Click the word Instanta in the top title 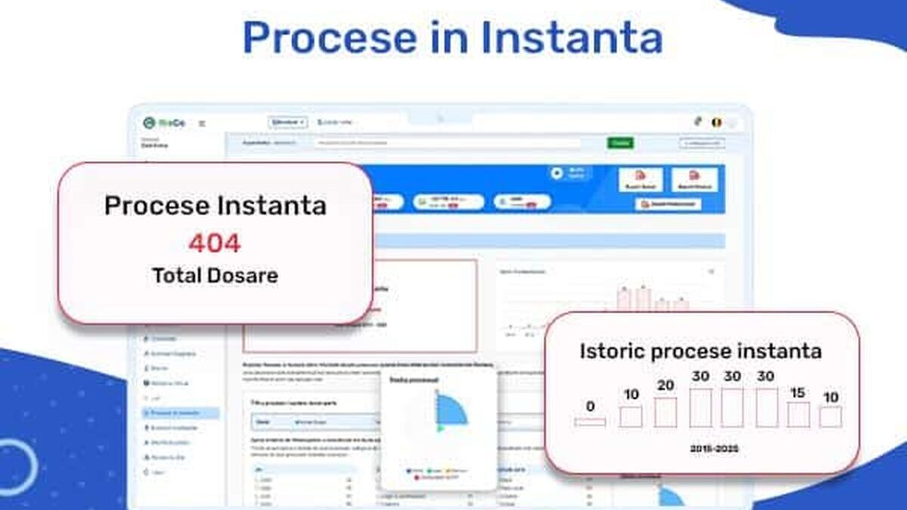[x=571, y=37]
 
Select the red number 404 [x=215, y=243]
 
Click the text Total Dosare [x=215, y=275]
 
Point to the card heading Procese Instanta [x=215, y=206]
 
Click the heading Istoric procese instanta [x=701, y=351]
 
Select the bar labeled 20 [x=665, y=413]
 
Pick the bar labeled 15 [x=798, y=414]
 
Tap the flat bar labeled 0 [x=590, y=422]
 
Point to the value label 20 [x=665, y=385]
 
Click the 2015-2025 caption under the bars [x=714, y=449]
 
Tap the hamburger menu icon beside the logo [x=202, y=122]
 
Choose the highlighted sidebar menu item [x=181, y=413]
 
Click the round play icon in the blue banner [x=557, y=173]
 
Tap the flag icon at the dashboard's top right [x=716, y=122]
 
